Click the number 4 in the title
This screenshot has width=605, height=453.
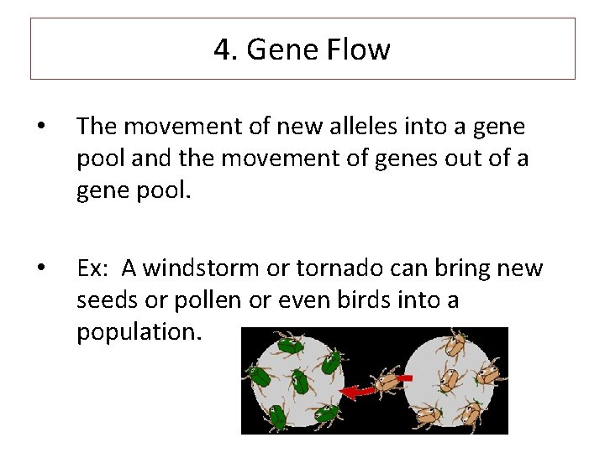point(222,50)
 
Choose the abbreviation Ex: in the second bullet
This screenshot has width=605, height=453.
point(93,269)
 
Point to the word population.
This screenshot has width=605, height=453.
point(139,331)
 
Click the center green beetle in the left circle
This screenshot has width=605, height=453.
point(299,382)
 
